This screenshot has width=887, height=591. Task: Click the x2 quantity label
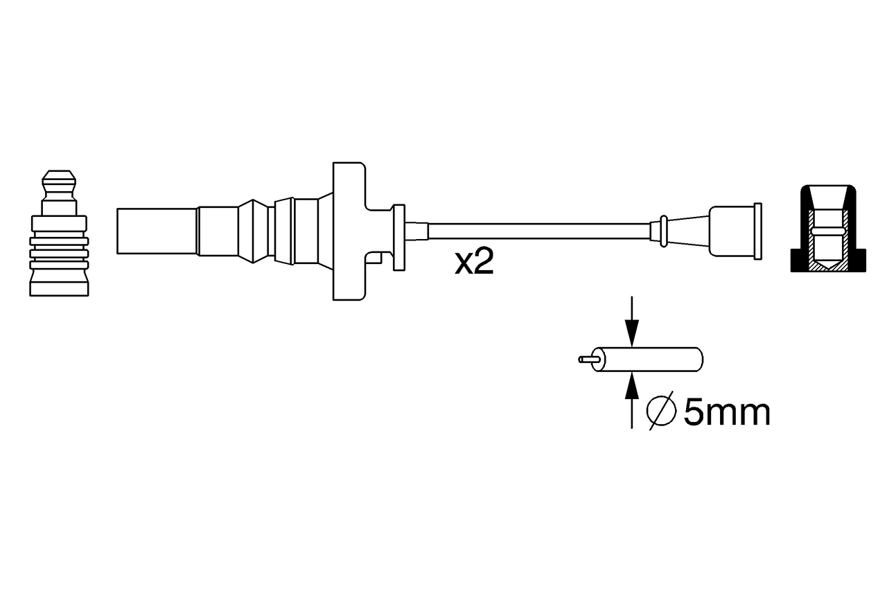(x=474, y=263)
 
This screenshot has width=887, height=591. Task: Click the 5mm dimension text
(x=726, y=413)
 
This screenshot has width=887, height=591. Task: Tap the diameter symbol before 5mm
(x=660, y=412)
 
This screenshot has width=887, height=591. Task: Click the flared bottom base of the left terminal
(x=59, y=285)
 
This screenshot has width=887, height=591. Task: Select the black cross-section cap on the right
(x=828, y=229)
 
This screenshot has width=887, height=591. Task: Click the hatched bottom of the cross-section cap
(x=827, y=265)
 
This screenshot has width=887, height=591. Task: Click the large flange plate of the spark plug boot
(x=348, y=231)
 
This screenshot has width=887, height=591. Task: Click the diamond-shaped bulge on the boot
(x=254, y=231)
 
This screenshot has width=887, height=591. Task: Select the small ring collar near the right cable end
(x=664, y=231)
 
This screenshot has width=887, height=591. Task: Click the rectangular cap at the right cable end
(x=735, y=231)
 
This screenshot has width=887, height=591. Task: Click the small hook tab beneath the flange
(x=376, y=258)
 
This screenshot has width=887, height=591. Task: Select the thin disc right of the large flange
(x=398, y=237)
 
